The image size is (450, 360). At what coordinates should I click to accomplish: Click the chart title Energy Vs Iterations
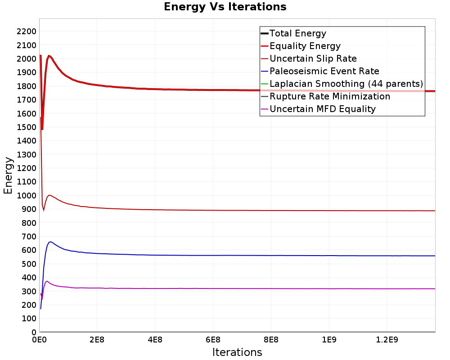pyautogui.click(x=225, y=7)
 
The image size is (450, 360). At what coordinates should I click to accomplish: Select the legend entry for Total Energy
pyautogui.click(x=293, y=33)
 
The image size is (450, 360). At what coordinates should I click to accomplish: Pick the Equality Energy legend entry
pyautogui.click(x=301, y=46)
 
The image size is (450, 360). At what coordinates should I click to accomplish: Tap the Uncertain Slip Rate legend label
pyautogui.click(x=309, y=58)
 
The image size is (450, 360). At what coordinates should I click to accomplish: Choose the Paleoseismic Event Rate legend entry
pyautogui.click(x=319, y=71)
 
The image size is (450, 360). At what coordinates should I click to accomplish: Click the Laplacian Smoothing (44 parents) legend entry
pyautogui.click(x=342, y=84)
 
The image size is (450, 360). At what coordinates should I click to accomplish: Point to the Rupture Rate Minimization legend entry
pyautogui.click(x=325, y=96)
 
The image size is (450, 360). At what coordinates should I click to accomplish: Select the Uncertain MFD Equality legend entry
pyautogui.click(x=318, y=109)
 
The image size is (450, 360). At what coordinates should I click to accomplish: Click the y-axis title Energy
pyautogui.click(x=8, y=175)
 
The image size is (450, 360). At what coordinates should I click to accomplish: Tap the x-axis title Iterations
pyautogui.click(x=237, y=352)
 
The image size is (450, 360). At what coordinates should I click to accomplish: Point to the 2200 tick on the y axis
pyautogui.click(x=27, y=31)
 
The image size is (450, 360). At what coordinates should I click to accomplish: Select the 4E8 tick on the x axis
pyautogui.click(x=155, y=340)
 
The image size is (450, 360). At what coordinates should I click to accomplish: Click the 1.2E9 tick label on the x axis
pyautogui.click(x=387, y=340)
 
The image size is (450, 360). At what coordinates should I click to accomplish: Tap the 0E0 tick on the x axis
pyautogui.click(x=39, y=340)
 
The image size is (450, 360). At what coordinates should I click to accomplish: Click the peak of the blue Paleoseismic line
pyautogui.click(x=50, y=242)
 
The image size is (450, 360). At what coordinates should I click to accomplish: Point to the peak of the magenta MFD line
pyautogui.click(x=47, y=281)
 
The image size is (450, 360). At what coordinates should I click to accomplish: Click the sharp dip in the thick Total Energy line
pyautogui.click(x=42, y=130)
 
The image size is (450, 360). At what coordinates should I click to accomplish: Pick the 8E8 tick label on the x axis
pyautogui.click(x=271, y=340)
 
